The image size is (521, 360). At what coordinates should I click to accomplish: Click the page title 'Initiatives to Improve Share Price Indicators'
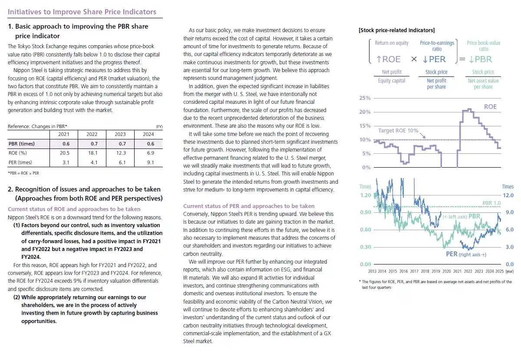pyautogui.click(x=82, y=12)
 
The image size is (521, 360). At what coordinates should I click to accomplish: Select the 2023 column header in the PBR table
pyautogui.click(x=120, y=134)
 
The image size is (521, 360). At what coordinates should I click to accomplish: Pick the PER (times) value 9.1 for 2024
pyautogui.click(x=148, y=162)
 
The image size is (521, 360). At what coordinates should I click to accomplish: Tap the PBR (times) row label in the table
pyautogui.click(x=22, y=144)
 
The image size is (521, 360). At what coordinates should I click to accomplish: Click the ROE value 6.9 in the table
pyautogui.click(x=148, y=153)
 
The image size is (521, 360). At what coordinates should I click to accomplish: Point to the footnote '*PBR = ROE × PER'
pyautogui.click(x=23, y=173)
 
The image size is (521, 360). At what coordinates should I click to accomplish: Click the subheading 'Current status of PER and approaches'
pyautogui.click(x=249, y=206)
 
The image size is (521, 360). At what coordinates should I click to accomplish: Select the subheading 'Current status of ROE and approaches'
pyautogui.click(x=74, y=209)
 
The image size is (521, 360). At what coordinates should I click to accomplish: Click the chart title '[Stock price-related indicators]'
pyautogui.click(x=397, y=30)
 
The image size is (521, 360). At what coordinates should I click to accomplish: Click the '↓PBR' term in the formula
pyautogui.click(x=480, y=59)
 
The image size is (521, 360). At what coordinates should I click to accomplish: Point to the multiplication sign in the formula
pyautogui.click(x=414, y=59)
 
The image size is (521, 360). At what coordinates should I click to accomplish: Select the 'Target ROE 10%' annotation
pyautogui.click(x=398, y=130)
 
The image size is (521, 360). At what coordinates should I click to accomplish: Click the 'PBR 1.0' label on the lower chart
pyautogui.click(x=491, y=203)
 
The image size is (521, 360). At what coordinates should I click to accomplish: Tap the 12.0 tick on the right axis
pyautogui.click(x=508, y=195)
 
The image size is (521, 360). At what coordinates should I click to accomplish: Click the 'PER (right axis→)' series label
pyautogui.click(x=464, y=254)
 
